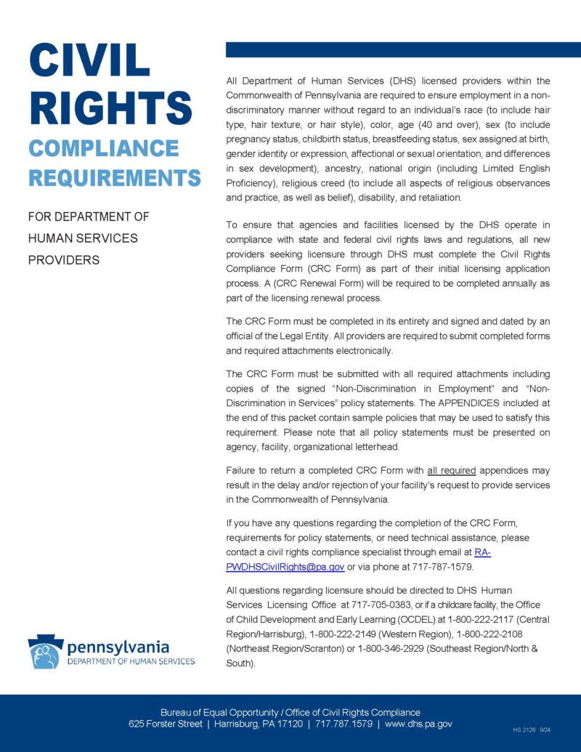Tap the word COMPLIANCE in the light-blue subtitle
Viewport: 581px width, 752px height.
point(103,148)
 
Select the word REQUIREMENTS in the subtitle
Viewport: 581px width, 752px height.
point(114,177)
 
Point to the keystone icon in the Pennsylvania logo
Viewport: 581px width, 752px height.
point(45,652)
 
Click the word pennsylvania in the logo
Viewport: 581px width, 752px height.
point(118,646)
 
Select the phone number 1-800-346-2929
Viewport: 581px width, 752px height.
point(391,649)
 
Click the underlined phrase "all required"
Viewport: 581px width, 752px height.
point(451,470)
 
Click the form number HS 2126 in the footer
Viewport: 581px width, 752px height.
point(523,728)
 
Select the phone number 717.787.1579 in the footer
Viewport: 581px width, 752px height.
point(343,724)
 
